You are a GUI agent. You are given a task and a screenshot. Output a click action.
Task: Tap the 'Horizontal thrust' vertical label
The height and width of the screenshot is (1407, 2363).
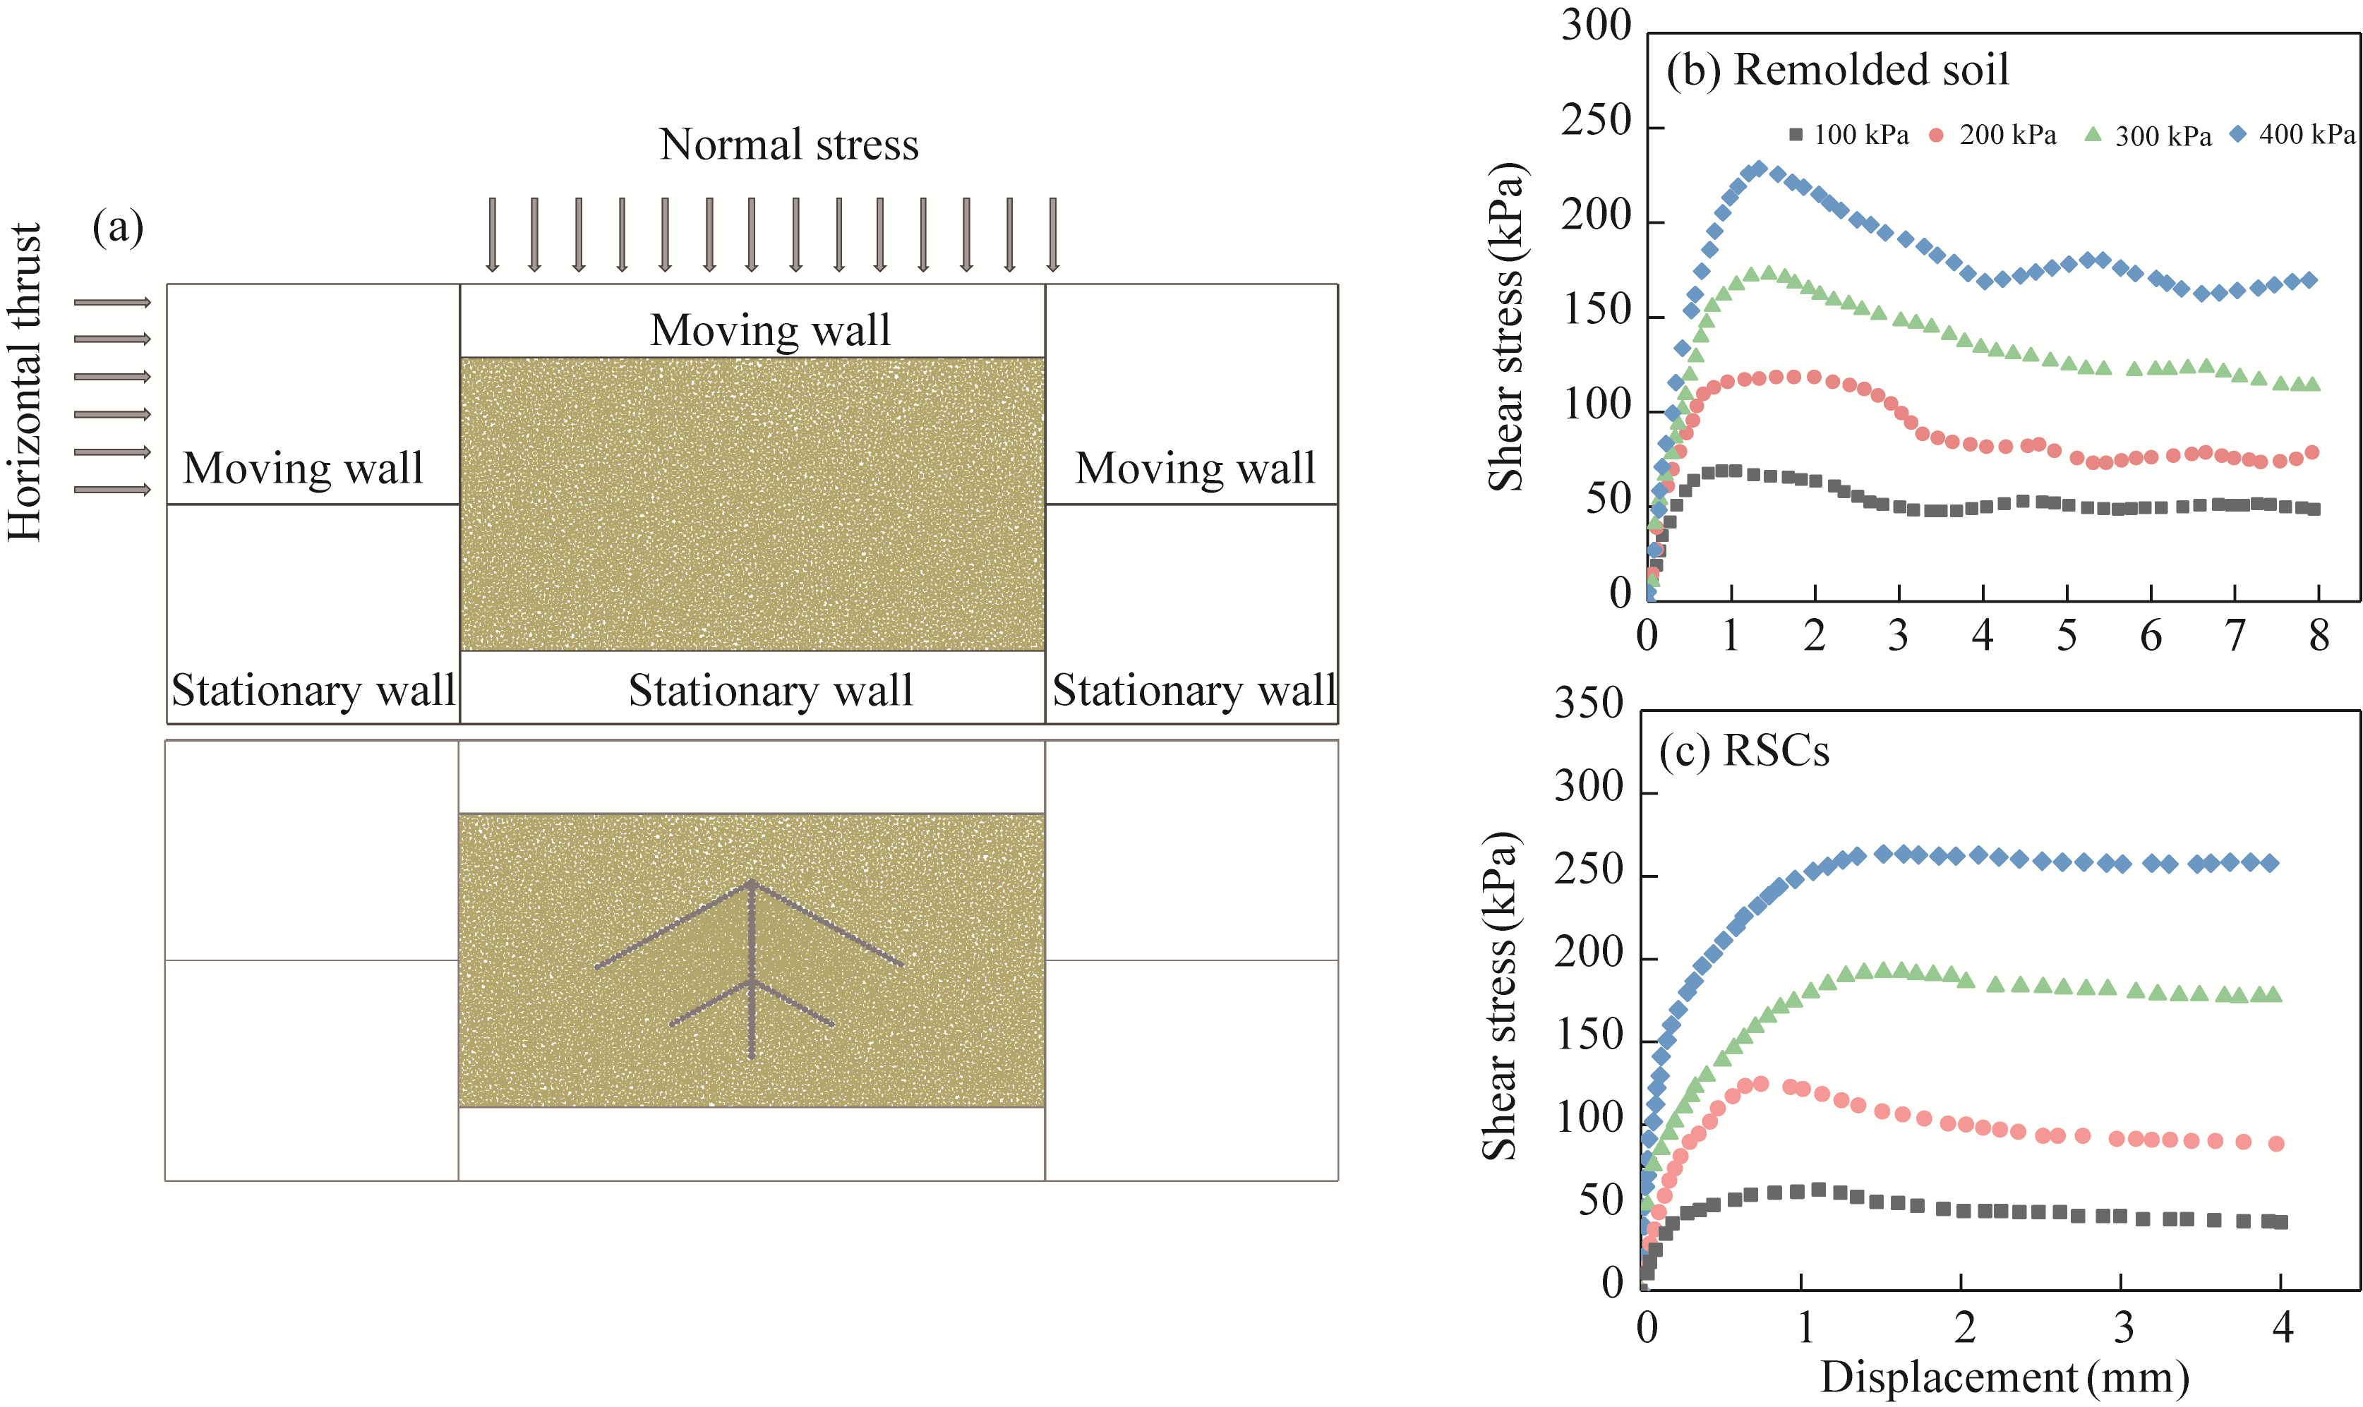pos(25,382)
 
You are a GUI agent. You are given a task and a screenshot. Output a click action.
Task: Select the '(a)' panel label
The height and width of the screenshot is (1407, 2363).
pos(118,227)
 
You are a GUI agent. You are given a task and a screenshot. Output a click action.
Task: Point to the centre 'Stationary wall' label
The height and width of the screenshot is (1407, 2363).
pos(770,689)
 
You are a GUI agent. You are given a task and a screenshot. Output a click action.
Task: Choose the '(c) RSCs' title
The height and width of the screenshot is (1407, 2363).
pos(1743,750)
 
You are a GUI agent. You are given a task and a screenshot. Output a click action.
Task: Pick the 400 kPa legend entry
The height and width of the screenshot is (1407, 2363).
pos(2295,135)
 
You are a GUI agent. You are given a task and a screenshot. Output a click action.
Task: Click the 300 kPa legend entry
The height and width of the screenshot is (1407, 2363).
pos(2148,135)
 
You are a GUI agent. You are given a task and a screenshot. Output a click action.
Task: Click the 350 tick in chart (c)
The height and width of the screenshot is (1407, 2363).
pos(1588,704)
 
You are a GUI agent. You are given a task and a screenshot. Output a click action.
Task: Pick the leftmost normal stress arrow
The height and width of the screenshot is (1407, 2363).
pos(491,234)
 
